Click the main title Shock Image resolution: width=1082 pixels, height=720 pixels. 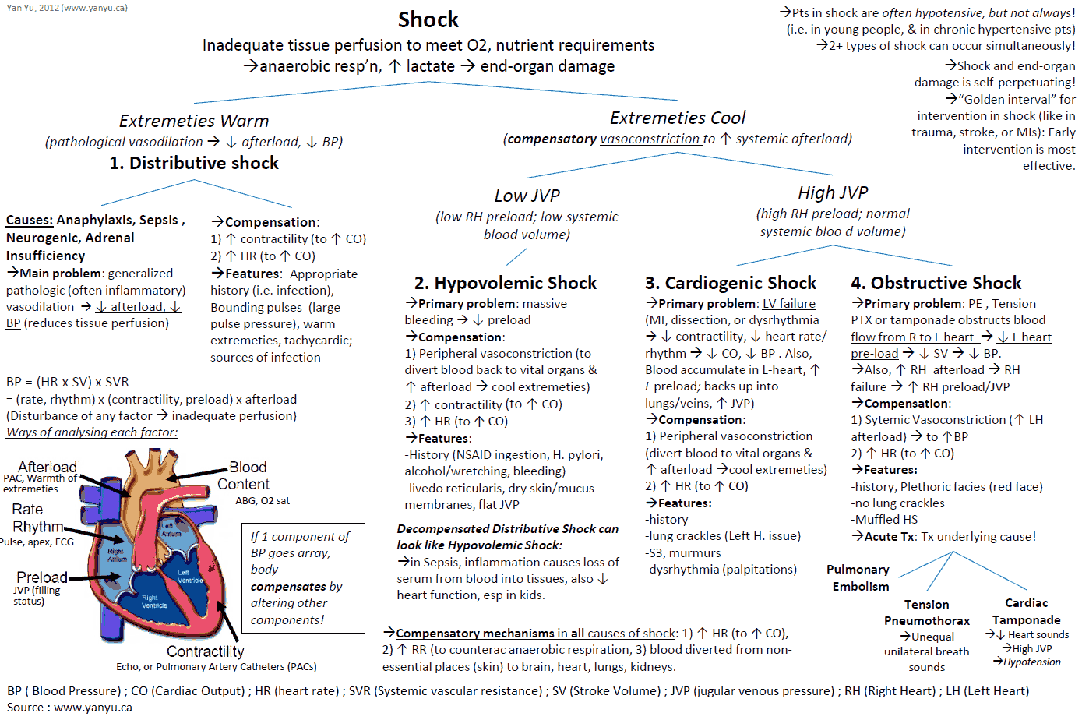coord(428,19)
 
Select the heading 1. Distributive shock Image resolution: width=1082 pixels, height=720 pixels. coord(194,163)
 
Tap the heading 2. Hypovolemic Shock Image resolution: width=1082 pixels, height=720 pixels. coord(506,283)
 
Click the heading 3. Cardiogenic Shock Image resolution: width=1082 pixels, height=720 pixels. coord(731,283)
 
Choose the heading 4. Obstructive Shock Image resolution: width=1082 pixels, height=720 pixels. coord(936,283)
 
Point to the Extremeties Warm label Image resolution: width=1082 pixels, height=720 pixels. coord(194,121)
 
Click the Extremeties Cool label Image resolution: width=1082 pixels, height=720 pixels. coord(678,118)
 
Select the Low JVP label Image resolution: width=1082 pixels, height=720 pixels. coord(527,196)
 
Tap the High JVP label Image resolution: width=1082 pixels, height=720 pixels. coord(833,192)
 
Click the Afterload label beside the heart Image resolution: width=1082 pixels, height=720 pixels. coord(48,467)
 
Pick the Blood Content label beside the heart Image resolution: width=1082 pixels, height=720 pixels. coord(244,475)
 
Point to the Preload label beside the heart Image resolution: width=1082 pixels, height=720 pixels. coord(42,577)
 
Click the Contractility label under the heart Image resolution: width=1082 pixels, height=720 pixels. coord(205,651)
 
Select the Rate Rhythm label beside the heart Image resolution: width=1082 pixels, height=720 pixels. coord(37,518)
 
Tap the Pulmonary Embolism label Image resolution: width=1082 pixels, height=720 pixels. coord(858,578)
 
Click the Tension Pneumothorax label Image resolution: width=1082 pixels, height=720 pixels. coord(927,612)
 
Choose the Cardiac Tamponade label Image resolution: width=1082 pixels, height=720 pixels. coord(1026,612)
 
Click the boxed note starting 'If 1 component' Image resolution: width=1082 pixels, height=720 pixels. coord(303,578)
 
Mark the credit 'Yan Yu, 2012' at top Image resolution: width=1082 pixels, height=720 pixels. coord(67,8)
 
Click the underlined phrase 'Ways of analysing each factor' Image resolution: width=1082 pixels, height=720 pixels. coord(92,432)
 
